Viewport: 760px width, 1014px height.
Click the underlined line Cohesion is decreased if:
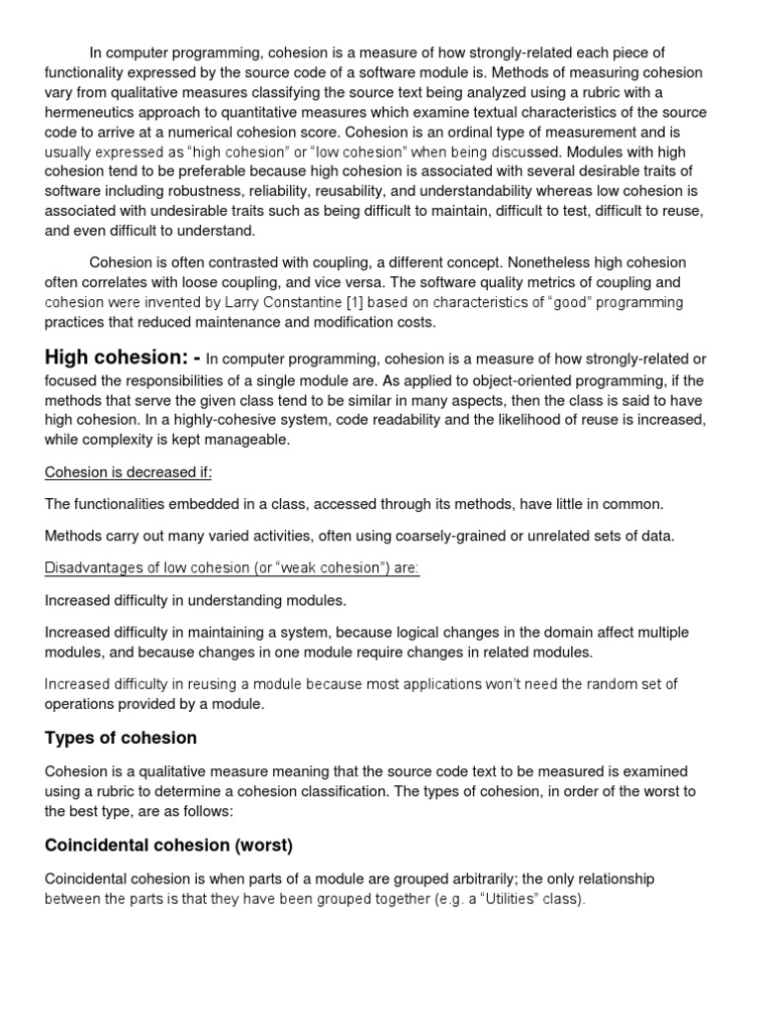click(x=129, y=472)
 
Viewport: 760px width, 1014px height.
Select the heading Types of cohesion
click(x=121, y=738)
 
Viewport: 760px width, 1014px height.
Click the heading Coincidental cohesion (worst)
click(x=169, y=845)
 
